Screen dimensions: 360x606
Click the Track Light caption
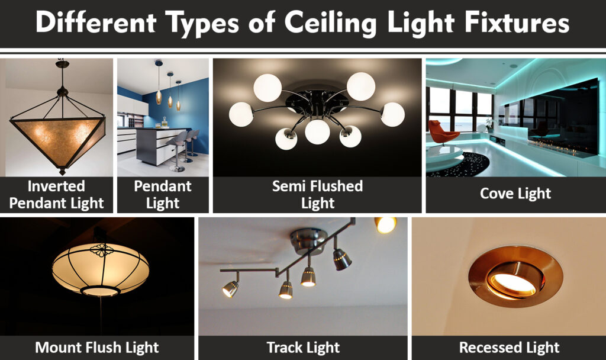point(303,347)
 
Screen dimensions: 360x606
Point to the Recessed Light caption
point(509,347)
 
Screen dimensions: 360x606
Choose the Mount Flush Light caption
point(96,347)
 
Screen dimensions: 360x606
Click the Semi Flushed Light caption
point(317,194)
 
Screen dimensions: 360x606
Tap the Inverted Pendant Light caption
point(57,194)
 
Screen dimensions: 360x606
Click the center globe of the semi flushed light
point(317,131)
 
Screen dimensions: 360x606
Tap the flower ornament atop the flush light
point(101,249)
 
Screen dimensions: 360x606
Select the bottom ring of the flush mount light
point(100,291)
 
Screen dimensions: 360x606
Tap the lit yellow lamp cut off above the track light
point(385,224)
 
